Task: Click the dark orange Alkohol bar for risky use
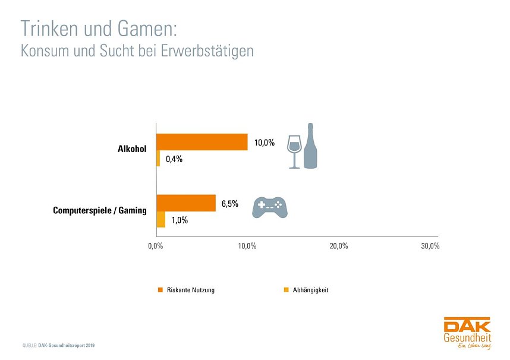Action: pos(202,142)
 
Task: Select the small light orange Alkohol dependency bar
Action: pos(158,159)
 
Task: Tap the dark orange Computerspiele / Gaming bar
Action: pos(185,203)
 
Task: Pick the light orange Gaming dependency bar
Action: pos(160,220)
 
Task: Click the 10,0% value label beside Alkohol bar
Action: pos(265,143)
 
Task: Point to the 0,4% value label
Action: pos(174,159)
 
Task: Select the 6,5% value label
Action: pos(230,204)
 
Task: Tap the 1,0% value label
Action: pos(180,220)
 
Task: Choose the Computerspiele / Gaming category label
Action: pos(99,211)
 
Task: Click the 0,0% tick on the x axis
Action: pos(156,247)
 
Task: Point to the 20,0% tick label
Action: pos(339,247)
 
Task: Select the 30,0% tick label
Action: pos(430,247)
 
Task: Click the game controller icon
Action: pos(270,207)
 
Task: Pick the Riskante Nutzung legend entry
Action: pos(186,290)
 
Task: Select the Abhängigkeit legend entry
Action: pos(306,290)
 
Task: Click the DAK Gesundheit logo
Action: pos(467,333)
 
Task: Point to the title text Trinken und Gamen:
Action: pos(99,29)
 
